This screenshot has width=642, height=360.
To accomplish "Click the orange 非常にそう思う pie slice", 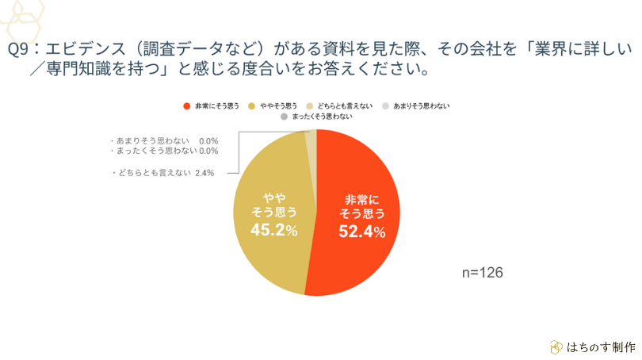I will pos(361,238).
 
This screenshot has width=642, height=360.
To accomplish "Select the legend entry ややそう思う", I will pos(277,105).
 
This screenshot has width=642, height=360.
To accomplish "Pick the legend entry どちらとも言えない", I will pos(344,105).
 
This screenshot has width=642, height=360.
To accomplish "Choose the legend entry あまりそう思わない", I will pos(421,105).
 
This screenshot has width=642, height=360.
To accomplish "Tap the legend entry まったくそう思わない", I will pos(322,117).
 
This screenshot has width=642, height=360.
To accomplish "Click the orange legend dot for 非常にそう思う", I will pos(186,105).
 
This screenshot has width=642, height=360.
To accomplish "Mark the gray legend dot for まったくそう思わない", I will pos(283,117).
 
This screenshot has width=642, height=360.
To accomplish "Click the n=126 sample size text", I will pos(483,272).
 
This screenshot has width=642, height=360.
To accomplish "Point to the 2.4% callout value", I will pos(204,172).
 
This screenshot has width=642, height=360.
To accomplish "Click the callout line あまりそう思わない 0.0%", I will pos(162,140).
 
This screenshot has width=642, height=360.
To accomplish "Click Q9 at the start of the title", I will pos(17,49).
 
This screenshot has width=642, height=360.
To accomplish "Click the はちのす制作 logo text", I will pos(602,347).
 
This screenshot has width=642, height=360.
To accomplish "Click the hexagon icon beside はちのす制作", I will pos(556,347).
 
